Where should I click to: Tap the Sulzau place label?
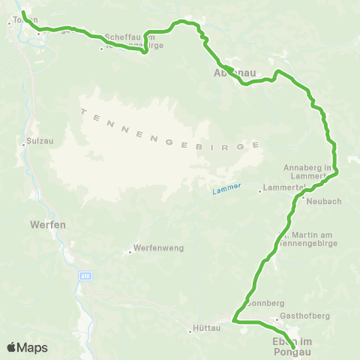[x=38, y=139]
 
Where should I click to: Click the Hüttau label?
[x=207, y=328]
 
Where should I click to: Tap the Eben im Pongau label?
[x=289, y=346]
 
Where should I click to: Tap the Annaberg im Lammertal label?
[x=307, y=171]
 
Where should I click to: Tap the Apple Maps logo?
[x=27, y=347]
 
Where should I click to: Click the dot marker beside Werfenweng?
[x=130, y=252]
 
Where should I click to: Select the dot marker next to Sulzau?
[x=24, y=145]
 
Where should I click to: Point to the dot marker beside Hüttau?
[x=190, y=328]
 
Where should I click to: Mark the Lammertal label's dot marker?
[x=259, y=191]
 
